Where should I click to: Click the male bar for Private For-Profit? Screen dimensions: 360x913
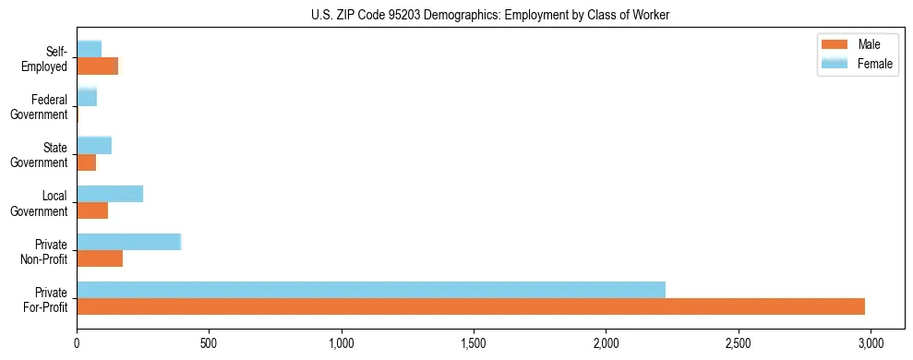tap(471, 306)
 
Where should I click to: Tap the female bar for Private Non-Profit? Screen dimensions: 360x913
tap(129, 242)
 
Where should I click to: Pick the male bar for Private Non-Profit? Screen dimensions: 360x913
tap(100, 258)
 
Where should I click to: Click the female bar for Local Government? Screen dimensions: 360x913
tap(110, 194)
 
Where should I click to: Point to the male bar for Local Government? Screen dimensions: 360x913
tap(92, 210)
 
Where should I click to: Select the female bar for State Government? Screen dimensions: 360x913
tap(94, 145)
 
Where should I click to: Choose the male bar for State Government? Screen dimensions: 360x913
tap(87, 162)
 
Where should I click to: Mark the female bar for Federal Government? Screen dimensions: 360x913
tap(87, 97)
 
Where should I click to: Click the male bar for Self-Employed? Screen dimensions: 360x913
tap(98, 66)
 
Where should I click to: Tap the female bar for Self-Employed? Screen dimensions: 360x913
tap(90, 49)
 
